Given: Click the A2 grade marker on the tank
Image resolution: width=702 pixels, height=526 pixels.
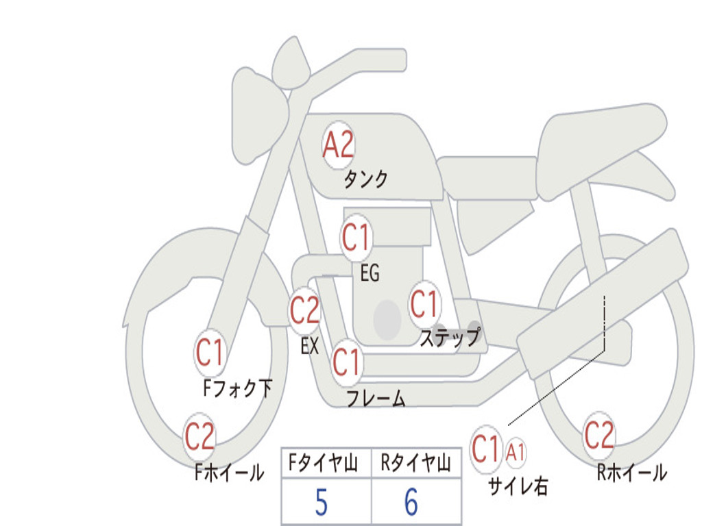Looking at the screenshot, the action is coord(339,145).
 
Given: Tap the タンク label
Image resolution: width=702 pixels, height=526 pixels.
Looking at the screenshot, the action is coord(365,179).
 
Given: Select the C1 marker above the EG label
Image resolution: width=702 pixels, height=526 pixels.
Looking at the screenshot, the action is coord(356,236).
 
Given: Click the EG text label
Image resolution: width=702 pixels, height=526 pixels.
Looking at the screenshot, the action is coord(370,273).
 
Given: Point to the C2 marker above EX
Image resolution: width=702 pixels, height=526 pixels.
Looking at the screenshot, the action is coord(305,310).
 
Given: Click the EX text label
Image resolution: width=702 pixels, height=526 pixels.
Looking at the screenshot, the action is coord(309,346).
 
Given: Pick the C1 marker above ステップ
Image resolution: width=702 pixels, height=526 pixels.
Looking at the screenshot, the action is coord(424,303).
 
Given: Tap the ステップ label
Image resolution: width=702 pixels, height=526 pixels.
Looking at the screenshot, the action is coord(450,337).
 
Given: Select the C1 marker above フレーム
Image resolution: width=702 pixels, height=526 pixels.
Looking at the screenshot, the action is coord(346,362).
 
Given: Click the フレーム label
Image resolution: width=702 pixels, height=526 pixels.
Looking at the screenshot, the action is coord(376,398).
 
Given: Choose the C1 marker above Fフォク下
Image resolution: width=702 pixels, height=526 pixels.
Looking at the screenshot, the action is coord(210,353).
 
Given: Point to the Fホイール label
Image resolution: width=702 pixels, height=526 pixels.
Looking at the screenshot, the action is coord(229,473).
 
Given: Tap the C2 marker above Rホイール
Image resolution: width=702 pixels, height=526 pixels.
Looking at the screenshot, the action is coord(599,435).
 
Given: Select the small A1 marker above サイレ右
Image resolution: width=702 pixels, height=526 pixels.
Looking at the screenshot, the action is coord(516,453).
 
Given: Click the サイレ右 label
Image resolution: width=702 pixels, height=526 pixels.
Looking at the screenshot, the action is coord(518,486).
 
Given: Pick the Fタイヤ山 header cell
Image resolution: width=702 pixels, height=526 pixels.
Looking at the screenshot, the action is coord(326,462).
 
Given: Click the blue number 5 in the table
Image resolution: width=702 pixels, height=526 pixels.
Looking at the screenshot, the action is coord(322,502).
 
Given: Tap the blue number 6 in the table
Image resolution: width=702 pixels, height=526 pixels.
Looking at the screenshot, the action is coord(411,502).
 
